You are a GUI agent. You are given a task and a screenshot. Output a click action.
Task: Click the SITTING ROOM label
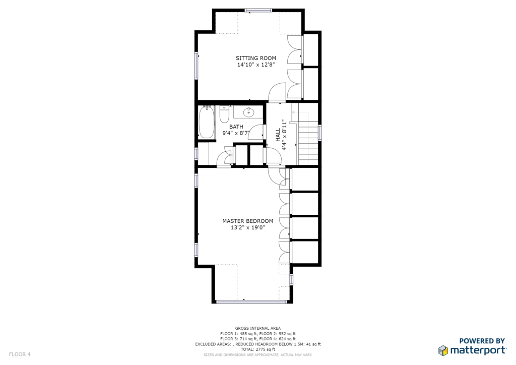click(255, 58)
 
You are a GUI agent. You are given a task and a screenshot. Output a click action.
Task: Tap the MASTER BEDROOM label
click(247, 221)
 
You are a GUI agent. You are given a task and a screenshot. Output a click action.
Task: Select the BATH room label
click(236, 127)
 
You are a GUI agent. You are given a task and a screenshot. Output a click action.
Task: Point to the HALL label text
click(278, 135)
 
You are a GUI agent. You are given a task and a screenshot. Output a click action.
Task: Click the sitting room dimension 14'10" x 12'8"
click(255, 65)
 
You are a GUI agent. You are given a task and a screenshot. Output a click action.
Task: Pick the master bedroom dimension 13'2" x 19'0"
click(247, 228)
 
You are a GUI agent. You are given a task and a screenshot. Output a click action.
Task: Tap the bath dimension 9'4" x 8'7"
click(236, 133)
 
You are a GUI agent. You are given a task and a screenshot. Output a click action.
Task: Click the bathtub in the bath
click(206, 122)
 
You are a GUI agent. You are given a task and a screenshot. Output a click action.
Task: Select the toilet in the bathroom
click(224, 114)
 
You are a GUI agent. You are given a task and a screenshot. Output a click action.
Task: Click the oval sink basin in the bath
click(248, 112)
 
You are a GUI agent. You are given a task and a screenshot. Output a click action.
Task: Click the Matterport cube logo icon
click(443, 350)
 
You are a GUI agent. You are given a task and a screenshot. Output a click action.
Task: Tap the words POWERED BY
click(482, 341)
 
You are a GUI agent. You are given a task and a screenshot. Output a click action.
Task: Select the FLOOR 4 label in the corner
click(20, 354)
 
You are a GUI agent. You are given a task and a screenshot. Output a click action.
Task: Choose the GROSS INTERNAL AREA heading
click(257, 328)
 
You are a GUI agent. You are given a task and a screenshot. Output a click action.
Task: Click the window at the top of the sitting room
click(259, 10)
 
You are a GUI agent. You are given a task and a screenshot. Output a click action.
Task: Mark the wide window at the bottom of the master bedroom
click(251, 301)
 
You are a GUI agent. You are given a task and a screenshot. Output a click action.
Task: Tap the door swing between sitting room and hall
click(277, 92)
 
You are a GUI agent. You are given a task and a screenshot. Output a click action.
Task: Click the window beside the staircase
click(320, 133)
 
